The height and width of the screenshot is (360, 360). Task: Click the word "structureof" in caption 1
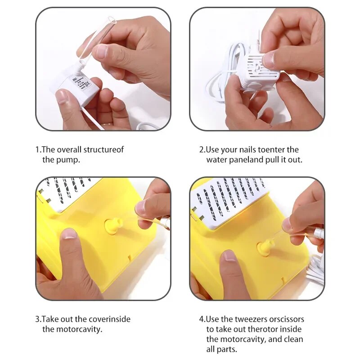[103, 149]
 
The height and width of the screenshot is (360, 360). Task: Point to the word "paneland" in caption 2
[246, 160]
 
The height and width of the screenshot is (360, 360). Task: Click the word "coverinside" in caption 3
[109, 319]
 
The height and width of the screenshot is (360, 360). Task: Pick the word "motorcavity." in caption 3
[79, 329]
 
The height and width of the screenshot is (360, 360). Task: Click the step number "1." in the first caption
[38, 149]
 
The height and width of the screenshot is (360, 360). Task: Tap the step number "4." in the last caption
[202, 319]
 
